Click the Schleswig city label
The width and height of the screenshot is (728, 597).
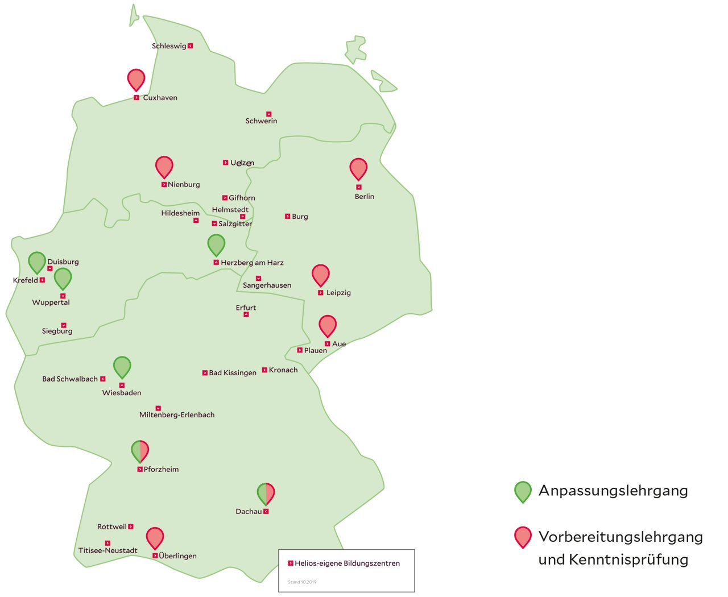click(x=169, y=46)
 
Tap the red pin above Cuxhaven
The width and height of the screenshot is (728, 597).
click(x=136, y=79)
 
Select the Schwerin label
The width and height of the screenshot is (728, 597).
click(x=262, y=121)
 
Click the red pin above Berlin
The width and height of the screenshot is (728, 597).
click(x=358, y=168)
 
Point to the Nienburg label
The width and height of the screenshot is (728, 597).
click(x=184, y=185)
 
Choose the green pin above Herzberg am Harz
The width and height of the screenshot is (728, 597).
click(x=216, y=244)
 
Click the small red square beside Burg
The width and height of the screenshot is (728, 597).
click(x=288, y=217)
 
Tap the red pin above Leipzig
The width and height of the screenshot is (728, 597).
click(x=321, y=275)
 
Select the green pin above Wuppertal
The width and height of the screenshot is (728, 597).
click(x=63, y=278)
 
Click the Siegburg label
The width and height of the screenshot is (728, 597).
click(x=57, y=331)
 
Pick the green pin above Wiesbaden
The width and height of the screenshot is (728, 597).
click(x=122, y=367)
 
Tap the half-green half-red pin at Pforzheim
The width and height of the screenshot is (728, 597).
click(x=140, y=451)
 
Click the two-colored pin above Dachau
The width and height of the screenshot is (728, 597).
click(x=266, y=493)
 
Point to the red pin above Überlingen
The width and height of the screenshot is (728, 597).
click(x=155, y=537)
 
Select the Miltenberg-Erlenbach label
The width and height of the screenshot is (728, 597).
click(x=177, y=415)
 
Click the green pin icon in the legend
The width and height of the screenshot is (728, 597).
click(x=523, y=491)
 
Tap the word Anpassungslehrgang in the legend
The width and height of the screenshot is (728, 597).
click(x=613, y=491)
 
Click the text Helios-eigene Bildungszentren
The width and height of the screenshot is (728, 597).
click(x=347, y=563)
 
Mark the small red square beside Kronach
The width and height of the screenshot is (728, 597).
click(x=264, y=370)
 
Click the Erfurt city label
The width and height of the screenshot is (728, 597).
click(x=246, y=308)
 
